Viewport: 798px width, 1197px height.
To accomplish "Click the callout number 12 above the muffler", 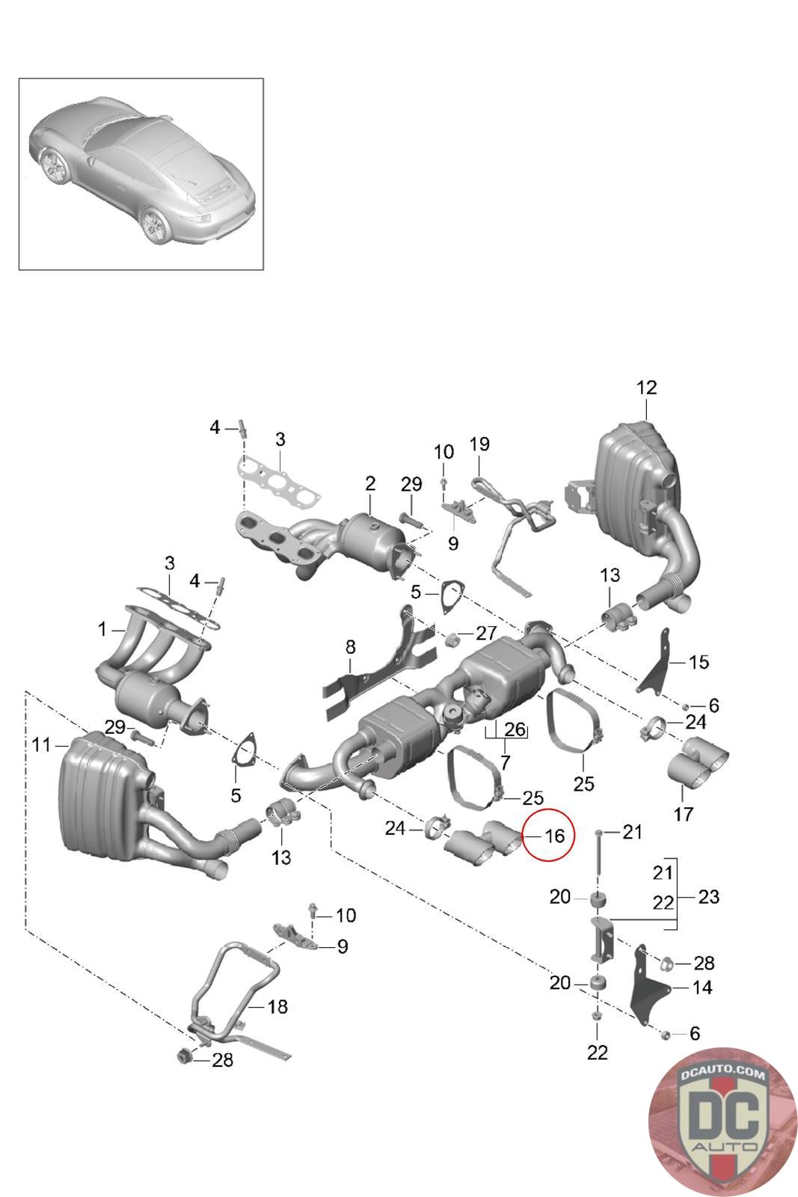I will pos(646,388).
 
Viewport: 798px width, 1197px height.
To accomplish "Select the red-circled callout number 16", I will pos(553,836).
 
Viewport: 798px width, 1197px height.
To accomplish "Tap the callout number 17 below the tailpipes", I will pos(684,813).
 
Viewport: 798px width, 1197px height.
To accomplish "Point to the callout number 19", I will pos(479,444).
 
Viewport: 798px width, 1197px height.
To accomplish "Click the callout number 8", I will pos(350,647).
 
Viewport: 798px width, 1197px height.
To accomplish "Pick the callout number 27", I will pos(485,633).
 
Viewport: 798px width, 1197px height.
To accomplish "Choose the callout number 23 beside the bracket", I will pos(708,896).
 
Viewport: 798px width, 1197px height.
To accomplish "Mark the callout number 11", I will pos(41,744).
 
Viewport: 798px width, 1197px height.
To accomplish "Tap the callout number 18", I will pos(277,1006).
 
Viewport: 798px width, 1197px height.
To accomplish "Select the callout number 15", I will pos(698,662).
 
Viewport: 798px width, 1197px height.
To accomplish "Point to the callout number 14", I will pos(702,988).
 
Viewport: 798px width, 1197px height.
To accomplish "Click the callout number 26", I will pos(515,729).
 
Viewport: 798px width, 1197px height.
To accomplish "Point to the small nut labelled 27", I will pos(452,640).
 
